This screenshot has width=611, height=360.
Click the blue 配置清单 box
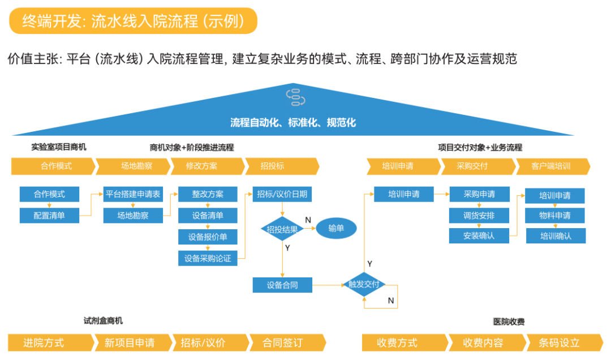tap(49, 216)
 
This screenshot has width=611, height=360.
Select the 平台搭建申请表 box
tap(133, 194)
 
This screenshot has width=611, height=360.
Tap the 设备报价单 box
tap(208, 237)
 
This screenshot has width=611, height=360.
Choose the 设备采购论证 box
tap(208, 258)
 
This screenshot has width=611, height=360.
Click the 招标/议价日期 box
tap(282, 194)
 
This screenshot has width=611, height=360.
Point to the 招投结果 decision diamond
tap(282, 229)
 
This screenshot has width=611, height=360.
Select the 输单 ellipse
tap(336, 228)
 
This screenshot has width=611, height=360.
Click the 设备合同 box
tap(282, 285)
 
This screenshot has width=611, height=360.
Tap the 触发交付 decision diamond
tap(364, 284)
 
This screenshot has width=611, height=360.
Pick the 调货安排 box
tap(479, 216)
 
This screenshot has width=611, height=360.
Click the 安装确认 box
tap(479, 236)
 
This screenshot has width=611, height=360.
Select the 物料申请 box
tap(555, 216)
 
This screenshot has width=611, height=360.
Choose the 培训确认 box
tap(556, 236)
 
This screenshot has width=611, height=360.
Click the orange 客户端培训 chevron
tap(553, 166)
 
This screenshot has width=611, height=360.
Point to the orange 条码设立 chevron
tap(565, 343)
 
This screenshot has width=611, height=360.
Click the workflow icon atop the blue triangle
tap(295, 97)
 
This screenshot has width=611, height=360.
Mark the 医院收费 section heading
tap(509, 322)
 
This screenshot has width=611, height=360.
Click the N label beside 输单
tap(308, 220)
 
